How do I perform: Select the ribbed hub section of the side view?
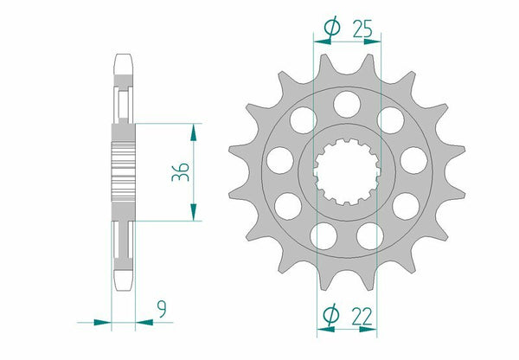125,172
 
